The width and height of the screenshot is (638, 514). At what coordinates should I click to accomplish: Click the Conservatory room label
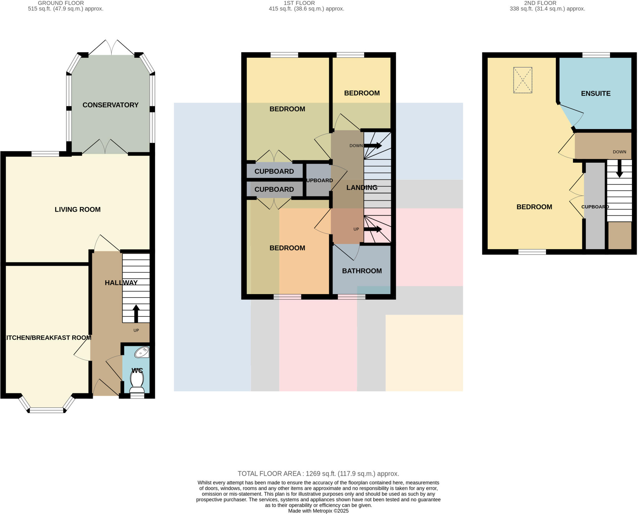click(110, 105)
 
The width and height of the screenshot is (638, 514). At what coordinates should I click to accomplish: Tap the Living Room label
click(78, 210)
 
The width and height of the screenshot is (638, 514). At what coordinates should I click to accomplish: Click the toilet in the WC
click(137, 382)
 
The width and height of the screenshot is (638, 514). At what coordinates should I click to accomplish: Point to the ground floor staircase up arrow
click(136, 313)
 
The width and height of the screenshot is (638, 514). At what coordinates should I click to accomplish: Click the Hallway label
click(121, 283)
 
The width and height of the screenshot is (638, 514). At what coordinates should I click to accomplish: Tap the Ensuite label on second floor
click(596, 93)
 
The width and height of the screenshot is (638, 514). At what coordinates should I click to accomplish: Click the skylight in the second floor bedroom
click(523, 80)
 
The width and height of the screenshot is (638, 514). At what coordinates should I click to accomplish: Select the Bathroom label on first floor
click(362, 271)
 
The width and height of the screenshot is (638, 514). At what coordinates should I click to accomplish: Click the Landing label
click(362, 187)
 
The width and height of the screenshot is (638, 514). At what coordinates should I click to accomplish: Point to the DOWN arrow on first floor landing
click(373, 146)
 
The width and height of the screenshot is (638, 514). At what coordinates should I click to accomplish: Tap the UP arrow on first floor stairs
click(373, 229)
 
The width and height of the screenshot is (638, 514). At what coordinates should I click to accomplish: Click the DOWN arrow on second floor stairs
click(619, 169)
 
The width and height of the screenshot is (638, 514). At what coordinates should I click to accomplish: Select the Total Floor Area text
click(318, 473)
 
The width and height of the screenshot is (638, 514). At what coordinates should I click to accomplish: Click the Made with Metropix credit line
click(318, 511)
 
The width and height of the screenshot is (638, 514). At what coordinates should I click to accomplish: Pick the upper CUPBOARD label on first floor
click(274, 171)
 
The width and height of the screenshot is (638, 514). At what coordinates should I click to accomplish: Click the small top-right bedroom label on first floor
click(362, 93)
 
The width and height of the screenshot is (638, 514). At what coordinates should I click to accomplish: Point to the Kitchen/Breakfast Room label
click(48, 337)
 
